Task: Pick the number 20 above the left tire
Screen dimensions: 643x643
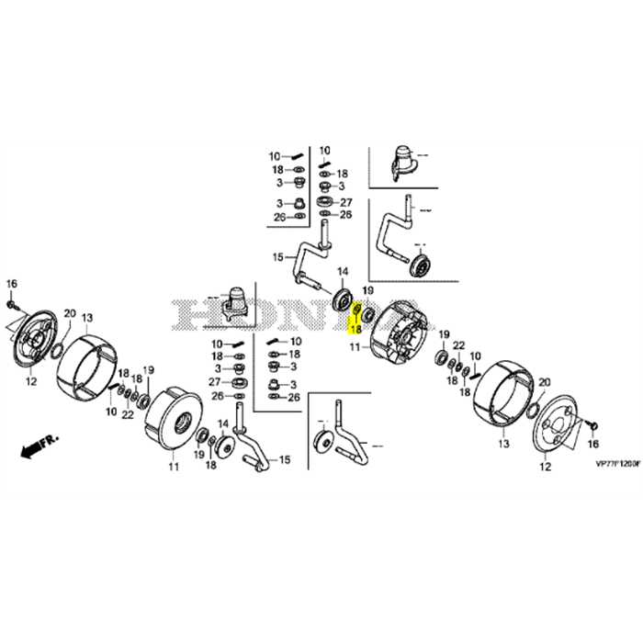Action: (x=69, y=312)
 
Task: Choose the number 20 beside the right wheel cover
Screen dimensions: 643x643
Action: (x=544, y=382)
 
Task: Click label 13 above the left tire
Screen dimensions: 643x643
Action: (x=88, y=318)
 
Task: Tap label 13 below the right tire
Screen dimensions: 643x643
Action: (x=502, y=443)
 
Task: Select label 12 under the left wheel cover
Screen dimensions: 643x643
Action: (x=30, y=380)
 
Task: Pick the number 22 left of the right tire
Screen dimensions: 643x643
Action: (x=458, y=344)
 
